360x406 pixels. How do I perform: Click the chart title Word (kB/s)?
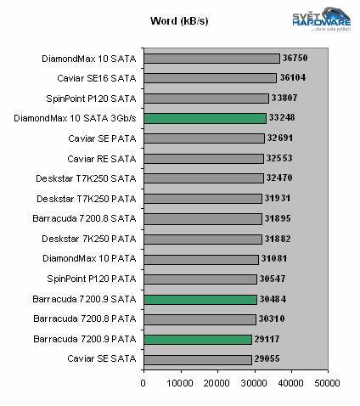[179, 20]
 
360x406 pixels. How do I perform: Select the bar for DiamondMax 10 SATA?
[211, 59]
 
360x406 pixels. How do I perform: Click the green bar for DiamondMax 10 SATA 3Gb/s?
[205, 118]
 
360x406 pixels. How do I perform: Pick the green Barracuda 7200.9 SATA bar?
[200, 299]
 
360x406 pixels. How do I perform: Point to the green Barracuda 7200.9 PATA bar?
[198, 339]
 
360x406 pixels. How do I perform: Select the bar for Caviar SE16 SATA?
[210, 78]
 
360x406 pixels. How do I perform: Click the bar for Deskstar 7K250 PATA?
[203, 239]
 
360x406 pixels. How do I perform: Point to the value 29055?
[267, 359]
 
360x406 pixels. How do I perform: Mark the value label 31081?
[273, 259]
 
